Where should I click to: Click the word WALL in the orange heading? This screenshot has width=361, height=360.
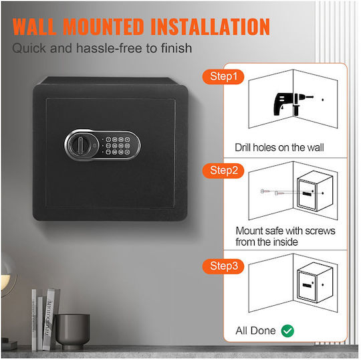point(35,27)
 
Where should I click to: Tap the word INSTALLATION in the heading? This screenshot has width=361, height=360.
point(210,27)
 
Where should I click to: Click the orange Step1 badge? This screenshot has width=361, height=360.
point(223,76)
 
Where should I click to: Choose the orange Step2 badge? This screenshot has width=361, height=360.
point(223,171)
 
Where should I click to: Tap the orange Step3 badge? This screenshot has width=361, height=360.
point(223,266)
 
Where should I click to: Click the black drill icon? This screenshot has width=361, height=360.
point(293,104)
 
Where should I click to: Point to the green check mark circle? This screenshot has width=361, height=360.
point(287,331)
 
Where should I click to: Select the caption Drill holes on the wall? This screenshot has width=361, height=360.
point(279,147)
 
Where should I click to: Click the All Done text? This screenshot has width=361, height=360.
point(255,331)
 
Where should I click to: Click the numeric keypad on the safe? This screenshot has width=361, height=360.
point(117,146)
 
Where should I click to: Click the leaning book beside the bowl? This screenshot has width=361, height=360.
point(48,319)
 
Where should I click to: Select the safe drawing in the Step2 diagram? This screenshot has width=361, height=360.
point(315,191)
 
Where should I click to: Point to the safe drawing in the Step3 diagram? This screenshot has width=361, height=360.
point(315,283)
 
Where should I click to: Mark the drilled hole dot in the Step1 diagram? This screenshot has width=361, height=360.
point(322,100)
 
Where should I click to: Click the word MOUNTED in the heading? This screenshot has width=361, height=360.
point(104,27)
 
